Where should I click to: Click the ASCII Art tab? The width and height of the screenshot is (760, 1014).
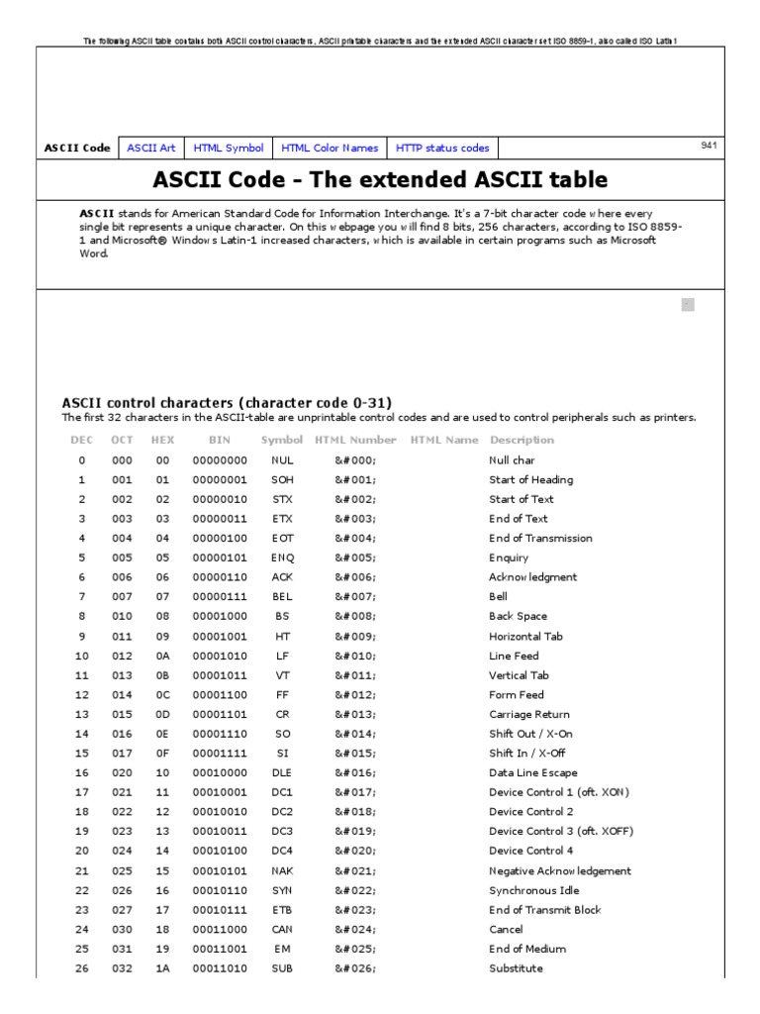point(151,148)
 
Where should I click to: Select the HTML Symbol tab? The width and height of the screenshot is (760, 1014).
point(229,148)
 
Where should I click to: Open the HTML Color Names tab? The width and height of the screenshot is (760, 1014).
point(330,148)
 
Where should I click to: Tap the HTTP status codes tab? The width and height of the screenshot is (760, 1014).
point(442,148)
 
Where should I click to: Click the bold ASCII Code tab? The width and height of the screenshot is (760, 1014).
point(77,148)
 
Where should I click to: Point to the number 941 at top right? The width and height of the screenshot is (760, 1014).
point(709,145)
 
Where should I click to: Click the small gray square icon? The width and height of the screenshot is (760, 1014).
point(688,305)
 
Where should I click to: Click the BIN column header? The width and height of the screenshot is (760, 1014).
point(220,440)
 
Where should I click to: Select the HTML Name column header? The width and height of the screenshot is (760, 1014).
point(443,440)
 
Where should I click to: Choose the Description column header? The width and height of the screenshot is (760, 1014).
point(522,440)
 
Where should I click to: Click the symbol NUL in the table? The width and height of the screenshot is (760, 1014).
point(282,460)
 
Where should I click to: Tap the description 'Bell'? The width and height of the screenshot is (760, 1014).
point(498,597)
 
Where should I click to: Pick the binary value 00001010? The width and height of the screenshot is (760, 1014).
point(220,656)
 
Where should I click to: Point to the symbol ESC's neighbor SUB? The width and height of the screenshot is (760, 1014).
point(282,967)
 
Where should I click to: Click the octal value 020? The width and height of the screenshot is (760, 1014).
point(122,772)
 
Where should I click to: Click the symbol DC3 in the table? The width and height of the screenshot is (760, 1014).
point(282,831)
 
